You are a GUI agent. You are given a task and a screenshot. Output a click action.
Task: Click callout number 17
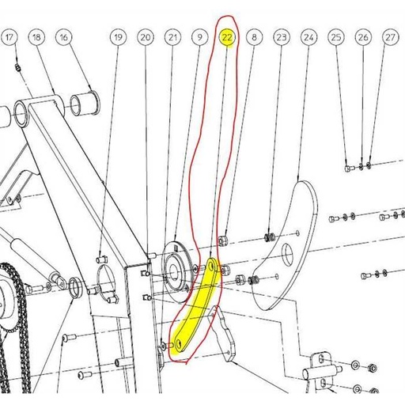pos(9,37)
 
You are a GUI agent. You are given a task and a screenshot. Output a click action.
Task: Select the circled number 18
pos(36,37)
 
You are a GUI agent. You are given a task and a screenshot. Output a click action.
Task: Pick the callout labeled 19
pos(118,37)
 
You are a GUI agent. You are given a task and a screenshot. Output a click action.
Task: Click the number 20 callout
pos(145,37)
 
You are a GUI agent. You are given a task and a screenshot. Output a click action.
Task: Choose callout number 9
pos(199,37)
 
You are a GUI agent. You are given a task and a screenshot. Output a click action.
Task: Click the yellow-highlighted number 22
pos(227,37)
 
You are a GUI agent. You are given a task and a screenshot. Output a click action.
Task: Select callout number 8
pos(254,37)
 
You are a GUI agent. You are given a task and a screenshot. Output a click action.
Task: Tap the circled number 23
pos(282,37)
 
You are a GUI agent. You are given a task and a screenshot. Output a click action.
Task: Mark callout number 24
pos(309,37)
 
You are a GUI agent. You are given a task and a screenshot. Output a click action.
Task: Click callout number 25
pos(336,37)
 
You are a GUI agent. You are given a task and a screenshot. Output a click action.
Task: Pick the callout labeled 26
pos(363,37)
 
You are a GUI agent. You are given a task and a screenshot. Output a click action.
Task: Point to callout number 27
pos(390,37)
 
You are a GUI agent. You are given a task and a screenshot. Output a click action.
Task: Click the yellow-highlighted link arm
pos(198,305)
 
